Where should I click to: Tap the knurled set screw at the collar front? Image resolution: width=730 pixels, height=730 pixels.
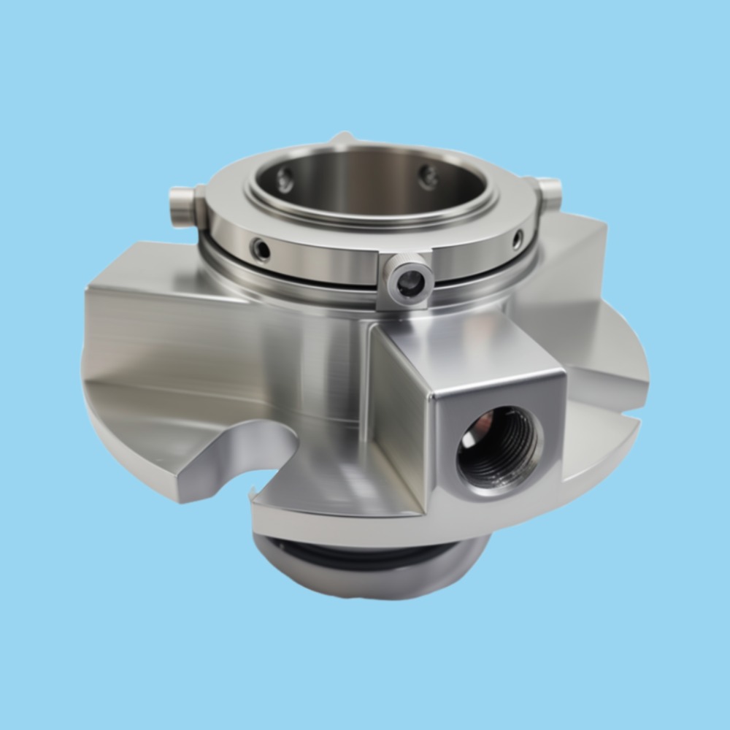coord(410,280)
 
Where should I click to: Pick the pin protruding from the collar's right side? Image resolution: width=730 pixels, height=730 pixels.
coord(550,191)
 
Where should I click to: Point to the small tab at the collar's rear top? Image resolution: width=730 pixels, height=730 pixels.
coord(342,138)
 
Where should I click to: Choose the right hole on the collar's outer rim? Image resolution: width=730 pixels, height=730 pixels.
coord(517,238)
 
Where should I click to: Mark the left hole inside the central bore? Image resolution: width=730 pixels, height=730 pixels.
coord(285,179)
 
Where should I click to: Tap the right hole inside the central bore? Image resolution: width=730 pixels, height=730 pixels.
coord(428,176)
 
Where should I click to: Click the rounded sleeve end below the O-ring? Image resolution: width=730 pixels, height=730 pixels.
coord(365,580)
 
